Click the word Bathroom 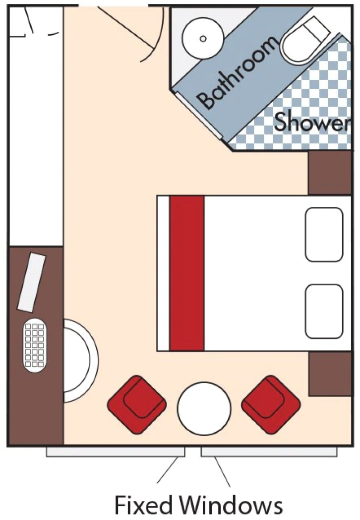237,73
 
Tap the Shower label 311,122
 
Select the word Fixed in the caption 144,505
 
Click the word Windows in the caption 232,505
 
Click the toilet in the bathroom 305,40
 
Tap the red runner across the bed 187,273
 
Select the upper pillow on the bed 324,234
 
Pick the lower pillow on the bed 324,311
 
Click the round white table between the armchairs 204,407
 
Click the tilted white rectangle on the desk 32,282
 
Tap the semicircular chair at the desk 79,360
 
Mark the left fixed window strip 115,452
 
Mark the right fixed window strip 269,452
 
